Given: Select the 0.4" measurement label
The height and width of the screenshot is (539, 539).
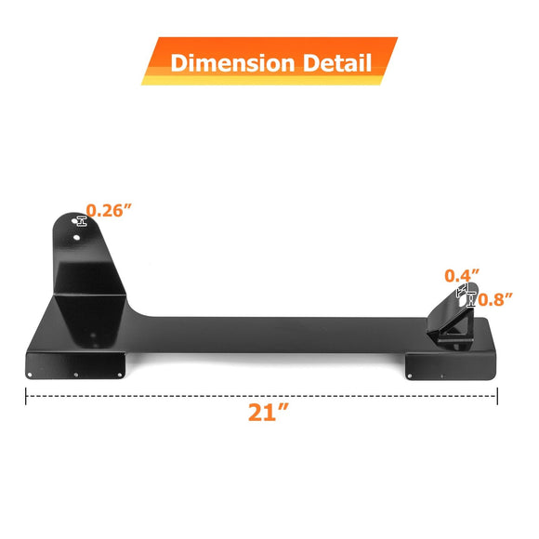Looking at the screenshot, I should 462,275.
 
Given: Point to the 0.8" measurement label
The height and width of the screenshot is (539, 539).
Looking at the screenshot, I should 496,298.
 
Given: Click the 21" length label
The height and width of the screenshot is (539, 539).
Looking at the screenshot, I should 268,413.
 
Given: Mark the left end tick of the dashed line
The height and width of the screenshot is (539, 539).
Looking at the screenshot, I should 25,396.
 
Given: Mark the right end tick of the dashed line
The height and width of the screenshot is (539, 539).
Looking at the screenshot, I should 498,396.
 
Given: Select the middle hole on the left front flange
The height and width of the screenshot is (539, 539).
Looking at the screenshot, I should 76,375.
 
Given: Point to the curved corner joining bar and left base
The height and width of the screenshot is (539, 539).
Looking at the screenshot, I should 139,312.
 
